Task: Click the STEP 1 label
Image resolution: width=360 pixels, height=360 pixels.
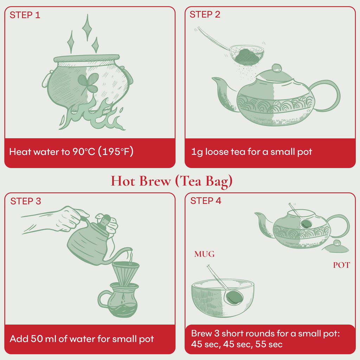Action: [x=25, y=15]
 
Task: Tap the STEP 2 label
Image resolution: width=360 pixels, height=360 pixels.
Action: [x=205, y=15]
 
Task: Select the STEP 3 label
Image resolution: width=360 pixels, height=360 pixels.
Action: [x=25, y=201]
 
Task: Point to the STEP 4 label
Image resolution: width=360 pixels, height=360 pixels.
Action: [x=206, y=201]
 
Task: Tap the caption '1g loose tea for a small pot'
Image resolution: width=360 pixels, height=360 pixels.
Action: [x=251, y=152]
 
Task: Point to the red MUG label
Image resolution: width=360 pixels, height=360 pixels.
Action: [x=204, y=254]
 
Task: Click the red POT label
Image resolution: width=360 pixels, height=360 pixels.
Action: [x=341, y=265]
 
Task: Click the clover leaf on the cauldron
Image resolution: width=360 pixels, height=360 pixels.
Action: [x=87, y=82]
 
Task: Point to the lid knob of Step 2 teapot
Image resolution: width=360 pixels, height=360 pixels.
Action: [x=277, y=67]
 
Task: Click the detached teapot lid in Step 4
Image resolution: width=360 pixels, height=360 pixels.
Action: [x=336, y=247]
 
